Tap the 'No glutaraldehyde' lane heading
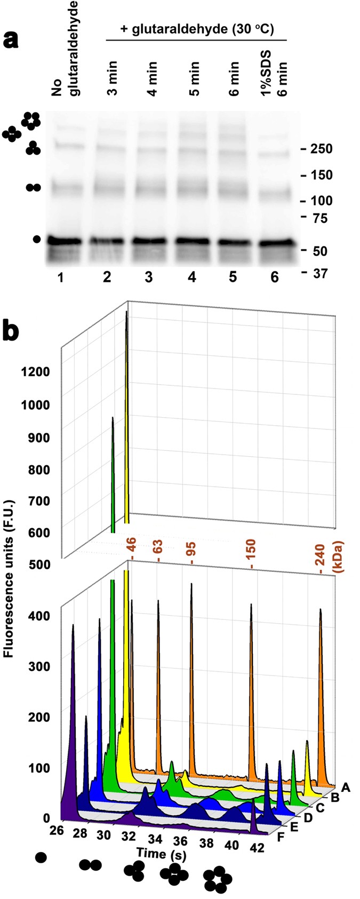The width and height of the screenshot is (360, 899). coord(66,49)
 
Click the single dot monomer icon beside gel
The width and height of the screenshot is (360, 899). coord(36,239)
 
